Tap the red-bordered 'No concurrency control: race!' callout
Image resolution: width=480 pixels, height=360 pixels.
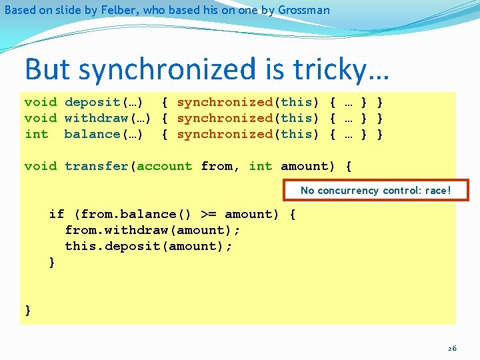pos(375,191)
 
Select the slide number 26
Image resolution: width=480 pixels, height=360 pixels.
pos(452,348)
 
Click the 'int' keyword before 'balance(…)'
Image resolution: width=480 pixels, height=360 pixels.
pos(36,134)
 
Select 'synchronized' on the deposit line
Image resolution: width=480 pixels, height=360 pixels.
pos(225,102)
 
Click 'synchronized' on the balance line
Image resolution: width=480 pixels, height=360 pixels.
pos(225,134)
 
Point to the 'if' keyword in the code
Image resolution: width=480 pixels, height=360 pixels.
pos(57,214)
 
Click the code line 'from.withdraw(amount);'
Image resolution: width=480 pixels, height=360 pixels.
pos(153,230)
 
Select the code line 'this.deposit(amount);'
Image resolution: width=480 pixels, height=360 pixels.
pos(149,246)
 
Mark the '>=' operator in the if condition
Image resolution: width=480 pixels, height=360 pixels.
pos(209,214)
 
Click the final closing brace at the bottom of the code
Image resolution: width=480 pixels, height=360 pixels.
pos(28,310)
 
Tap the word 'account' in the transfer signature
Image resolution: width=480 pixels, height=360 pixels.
pos(165,166)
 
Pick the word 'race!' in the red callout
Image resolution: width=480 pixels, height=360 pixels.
pos(437,191)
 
